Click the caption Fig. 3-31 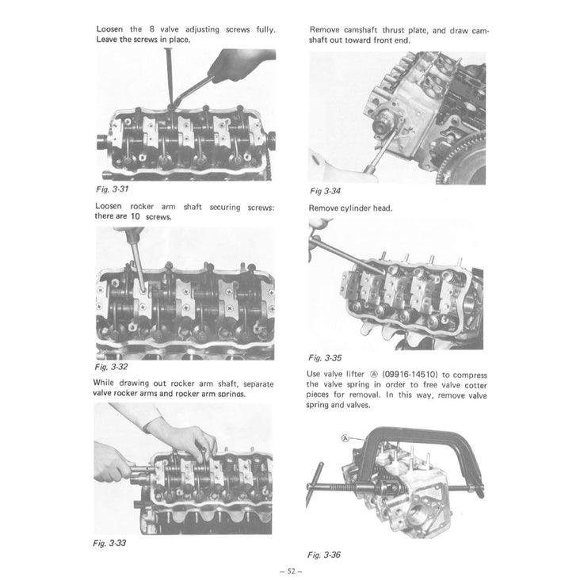110,190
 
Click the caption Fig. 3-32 111,367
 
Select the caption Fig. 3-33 110,543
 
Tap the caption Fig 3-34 325,191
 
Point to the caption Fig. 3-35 325,357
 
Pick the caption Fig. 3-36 324,555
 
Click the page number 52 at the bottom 289,570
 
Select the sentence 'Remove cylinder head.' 349,208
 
